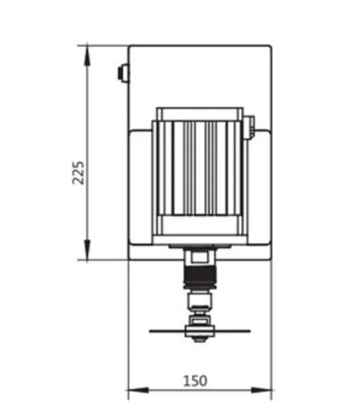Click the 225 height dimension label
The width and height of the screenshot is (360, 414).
78,173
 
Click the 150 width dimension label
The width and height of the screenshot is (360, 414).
195,381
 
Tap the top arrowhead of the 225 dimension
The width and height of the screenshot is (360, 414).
87,55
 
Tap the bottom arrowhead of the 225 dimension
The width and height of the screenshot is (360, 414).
87,249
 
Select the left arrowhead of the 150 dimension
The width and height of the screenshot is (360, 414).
138,390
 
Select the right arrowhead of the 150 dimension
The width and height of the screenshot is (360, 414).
262,390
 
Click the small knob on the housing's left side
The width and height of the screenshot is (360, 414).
123,73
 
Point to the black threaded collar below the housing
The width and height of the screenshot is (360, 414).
200,276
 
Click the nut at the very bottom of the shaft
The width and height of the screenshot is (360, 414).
200,339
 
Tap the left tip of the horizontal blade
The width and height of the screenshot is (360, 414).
149,331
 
